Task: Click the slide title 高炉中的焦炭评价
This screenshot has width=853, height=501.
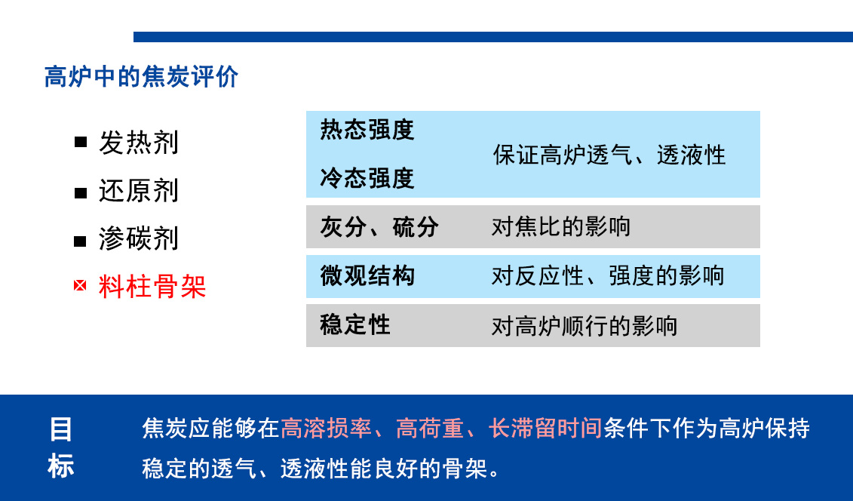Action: (142, 77)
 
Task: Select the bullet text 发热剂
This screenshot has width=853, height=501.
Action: (139, 143)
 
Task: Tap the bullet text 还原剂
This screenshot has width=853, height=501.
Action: (139, 191)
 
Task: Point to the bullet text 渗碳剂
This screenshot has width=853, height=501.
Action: (139, 238)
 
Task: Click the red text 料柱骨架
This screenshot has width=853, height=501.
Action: (152, 286)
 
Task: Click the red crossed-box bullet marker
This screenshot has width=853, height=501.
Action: (80, 286)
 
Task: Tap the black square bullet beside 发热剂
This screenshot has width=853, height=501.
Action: (81, 143)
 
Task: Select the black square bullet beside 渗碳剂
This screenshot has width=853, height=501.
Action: (81, 241)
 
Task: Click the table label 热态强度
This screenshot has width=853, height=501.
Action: (367, 130)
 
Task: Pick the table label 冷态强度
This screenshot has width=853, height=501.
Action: (367, 178)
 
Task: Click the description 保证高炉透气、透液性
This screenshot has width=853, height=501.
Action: (609, 155)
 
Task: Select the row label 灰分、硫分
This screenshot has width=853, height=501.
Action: (379, 227)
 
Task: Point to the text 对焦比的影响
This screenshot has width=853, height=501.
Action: (561, 227)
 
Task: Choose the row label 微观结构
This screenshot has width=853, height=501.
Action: (367, 276)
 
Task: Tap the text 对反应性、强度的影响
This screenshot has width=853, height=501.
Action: (608, 276)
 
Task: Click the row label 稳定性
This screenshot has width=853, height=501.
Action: (355, 325)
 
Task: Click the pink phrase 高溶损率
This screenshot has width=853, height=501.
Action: (327, 428)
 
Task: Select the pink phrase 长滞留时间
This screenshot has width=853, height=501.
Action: (545, 428)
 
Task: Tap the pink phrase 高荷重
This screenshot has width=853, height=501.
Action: (430, 428)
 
